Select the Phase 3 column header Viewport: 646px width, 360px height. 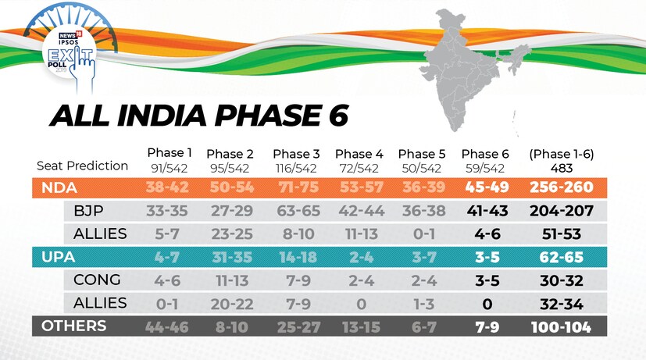pyautogui.click(x=296, y=153)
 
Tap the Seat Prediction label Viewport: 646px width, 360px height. pyautogui.click(x=82, y=166)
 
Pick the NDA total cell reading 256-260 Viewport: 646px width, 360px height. pyautogui.click(x=561, y=187)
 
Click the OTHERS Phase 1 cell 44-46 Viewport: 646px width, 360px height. pyautogui.click(x=167, y=326)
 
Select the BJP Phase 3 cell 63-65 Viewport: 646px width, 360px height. pyautogui.click(x=296, y=211)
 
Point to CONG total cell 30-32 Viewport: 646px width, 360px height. pyautogui.click(x=561, y=280)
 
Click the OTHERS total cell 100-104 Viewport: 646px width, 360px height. pyautogui.click(x=561, y=326)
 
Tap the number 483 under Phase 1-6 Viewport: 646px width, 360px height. pyautogui.click(x=561, y=167)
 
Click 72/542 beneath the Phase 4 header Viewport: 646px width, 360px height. pyautogui.click(x=358, y=167)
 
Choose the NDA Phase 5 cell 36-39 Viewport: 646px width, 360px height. pyautogui.click(x=422, y=187)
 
